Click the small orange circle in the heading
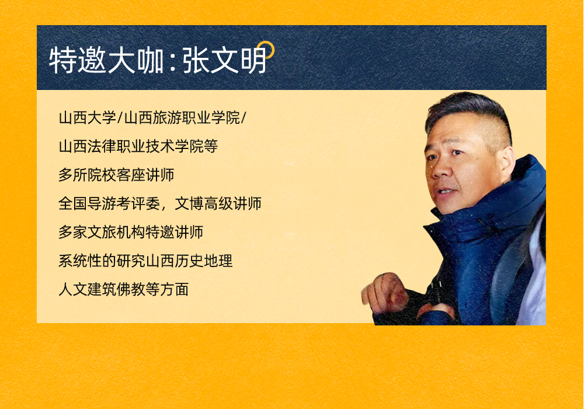click(x=266, y=50)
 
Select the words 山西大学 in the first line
click(x=88, y=117)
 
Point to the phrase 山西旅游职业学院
click(x=182, y=117)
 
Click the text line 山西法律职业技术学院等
click(x=138, y=146)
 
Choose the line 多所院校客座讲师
click(x=116, y=175)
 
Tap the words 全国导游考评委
click(x=109, y=203)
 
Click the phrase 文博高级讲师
click(x=218, y=203)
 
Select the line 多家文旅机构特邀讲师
click(x=131, y=232)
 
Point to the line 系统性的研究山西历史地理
click(x=145, y=261)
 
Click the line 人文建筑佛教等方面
click(x=124, y=289)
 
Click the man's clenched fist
click(x=384, y=292)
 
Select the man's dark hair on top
click(x=470, y=108)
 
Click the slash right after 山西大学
click(x=120, y=117)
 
